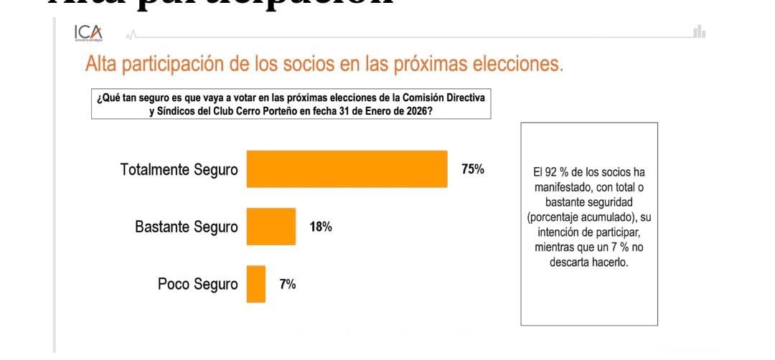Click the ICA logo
[88, 33]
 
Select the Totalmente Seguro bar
[347, 169]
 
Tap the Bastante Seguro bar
[271, 227]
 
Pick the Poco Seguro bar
[255, 284]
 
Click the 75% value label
[473, 170]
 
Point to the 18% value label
[320, 227]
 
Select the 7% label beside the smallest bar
[287, 285]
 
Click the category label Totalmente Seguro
[179, 170]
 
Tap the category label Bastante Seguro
[186, 227]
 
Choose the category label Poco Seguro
[197, 285]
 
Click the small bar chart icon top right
[700, 32]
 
